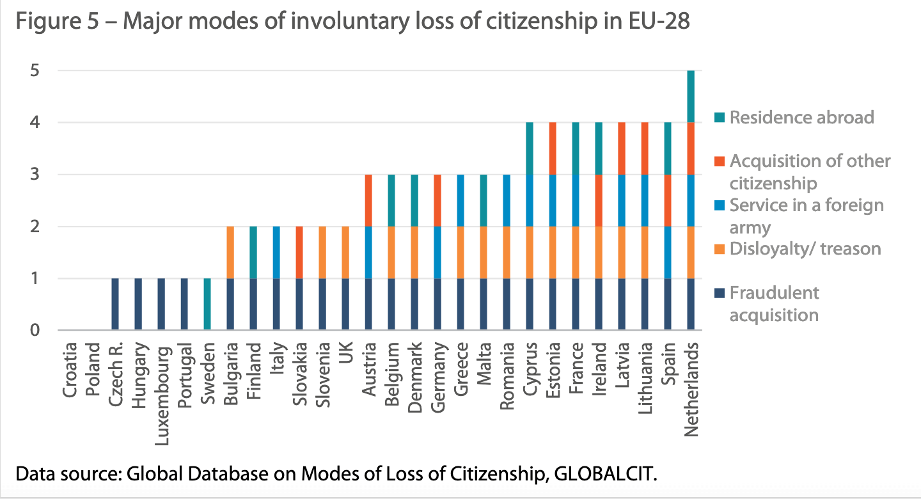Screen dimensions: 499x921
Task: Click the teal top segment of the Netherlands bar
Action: (691, 96)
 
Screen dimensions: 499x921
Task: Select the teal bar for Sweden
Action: (207, 305)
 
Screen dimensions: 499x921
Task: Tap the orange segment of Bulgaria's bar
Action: (230, 252)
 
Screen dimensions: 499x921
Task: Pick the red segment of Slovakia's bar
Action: (299, 252)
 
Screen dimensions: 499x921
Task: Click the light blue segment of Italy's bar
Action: (276, 252)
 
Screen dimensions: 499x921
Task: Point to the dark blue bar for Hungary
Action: (138, 305)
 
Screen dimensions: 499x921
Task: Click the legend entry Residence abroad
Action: (801, 117)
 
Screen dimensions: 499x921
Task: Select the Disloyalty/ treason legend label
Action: (805, 248)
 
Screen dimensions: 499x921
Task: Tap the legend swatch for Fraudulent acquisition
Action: (720, 294)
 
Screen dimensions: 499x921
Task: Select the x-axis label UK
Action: (345, 352)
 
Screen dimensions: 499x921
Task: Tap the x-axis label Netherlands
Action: (691, 389)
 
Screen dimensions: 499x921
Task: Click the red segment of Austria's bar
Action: (368, 200)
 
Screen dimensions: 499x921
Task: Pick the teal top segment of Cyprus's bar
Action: (530, 148)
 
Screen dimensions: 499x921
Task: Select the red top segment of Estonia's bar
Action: (553, 148)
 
